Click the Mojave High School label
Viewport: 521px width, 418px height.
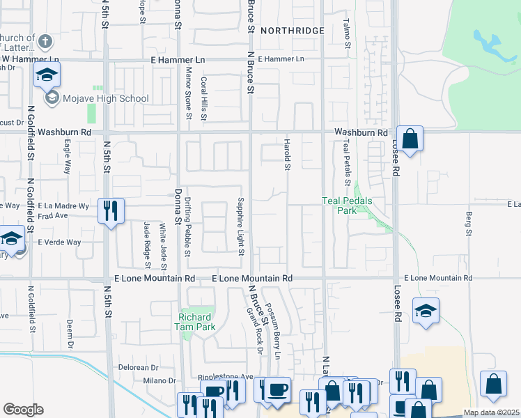click(x=104, y=98)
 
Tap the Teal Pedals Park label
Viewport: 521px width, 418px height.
click(x=347, y=206)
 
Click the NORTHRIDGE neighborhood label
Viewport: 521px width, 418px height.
click(x=293, y=31)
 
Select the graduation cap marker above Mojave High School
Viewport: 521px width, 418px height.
click(x=47, y=75)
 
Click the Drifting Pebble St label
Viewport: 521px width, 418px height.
click(x=188, y=226)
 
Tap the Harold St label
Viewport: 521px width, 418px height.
click(x=286, y=154)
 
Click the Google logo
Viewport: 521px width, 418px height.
click(x=23, y=410)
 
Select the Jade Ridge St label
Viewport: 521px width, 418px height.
click(x=147, y=245)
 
